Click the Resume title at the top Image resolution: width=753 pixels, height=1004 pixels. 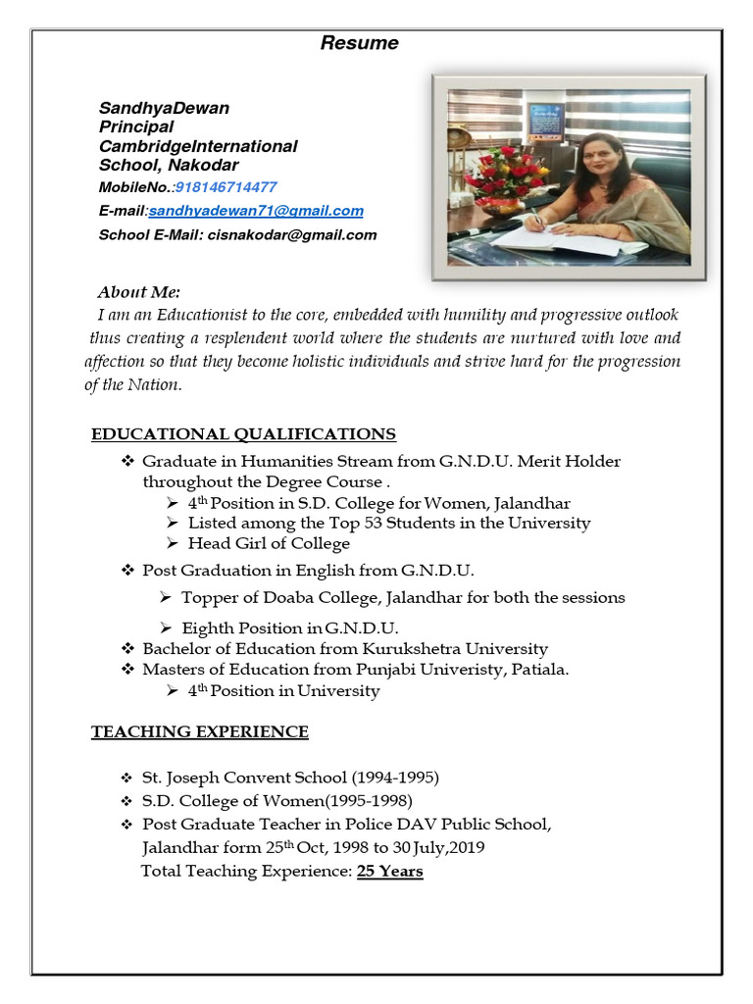[x=360, y=43]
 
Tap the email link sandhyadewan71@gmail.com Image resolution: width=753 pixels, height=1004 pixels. [x=256, y=211]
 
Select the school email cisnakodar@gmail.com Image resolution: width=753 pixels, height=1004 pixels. [x=291, y=234]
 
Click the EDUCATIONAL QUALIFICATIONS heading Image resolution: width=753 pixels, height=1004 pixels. [x=243, y=433]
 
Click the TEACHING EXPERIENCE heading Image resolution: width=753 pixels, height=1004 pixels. [x=199, y=731]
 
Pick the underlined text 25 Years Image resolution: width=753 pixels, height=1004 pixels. [x=390, y=871]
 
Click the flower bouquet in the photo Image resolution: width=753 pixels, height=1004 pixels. [x=508, y=175]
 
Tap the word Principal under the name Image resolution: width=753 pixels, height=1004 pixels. [x=136, y=126]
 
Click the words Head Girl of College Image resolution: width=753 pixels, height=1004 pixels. [x=269, y=543]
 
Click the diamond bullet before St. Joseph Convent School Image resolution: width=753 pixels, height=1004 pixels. [x=125, y=778]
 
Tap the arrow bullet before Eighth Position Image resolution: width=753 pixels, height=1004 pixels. [x=167, y=627]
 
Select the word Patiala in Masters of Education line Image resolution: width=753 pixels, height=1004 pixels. [x=538, y=670]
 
